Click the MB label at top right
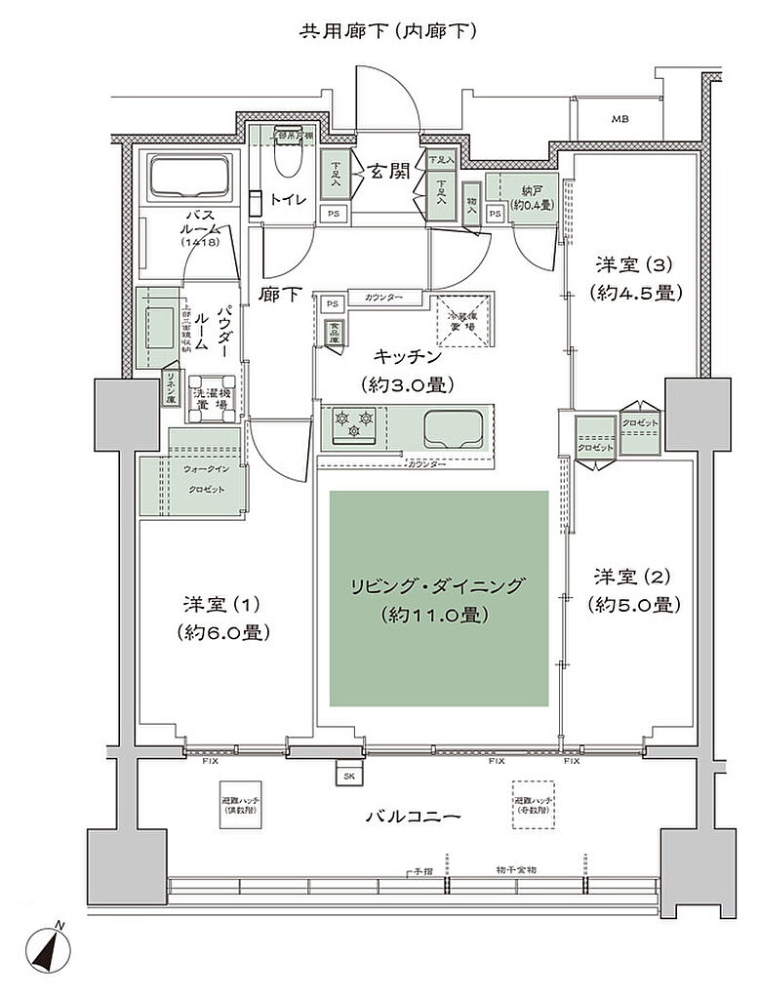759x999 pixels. click(619, 119)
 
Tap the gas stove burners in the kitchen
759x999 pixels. click(354, 422)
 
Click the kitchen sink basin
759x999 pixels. click(455, 426)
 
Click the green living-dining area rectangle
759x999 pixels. click(439, 598)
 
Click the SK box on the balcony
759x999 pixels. click(349, 776)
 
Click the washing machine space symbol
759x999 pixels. click(212, 397)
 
